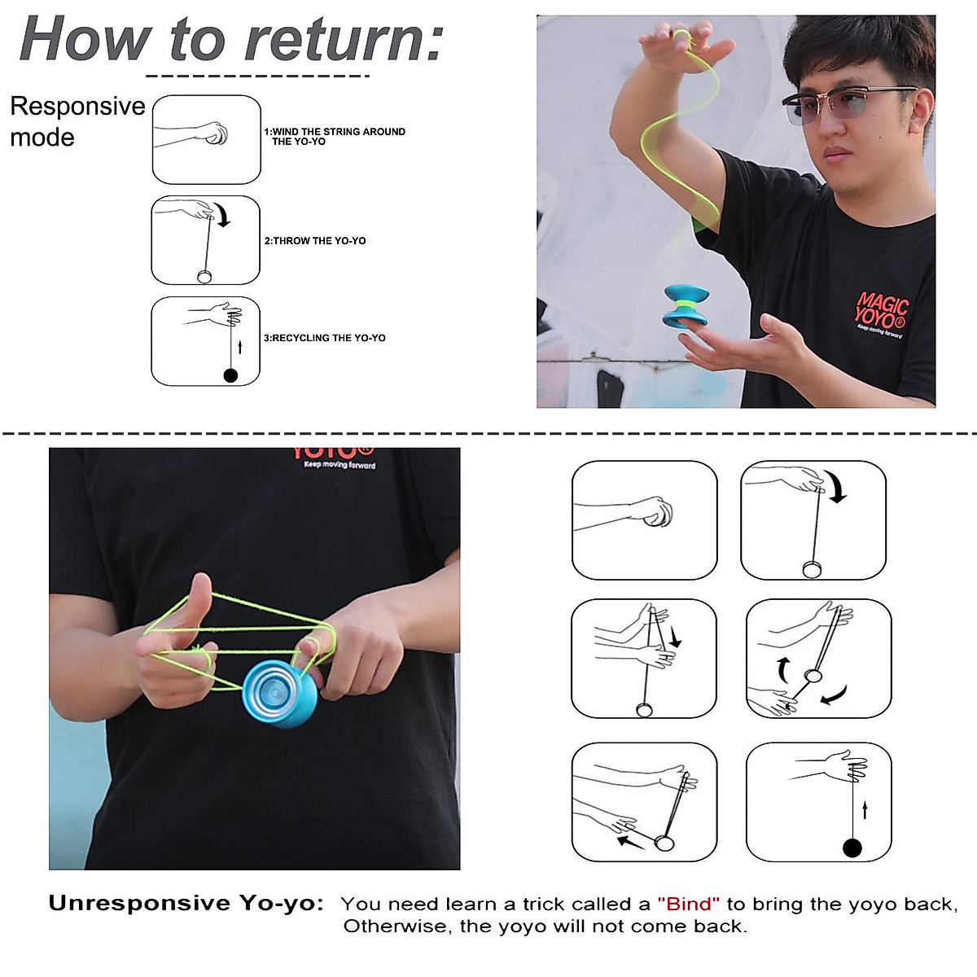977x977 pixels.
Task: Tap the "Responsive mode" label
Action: point(77,120)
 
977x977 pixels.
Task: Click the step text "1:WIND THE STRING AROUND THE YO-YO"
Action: point(335,136)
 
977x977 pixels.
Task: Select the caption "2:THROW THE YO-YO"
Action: point(315,241)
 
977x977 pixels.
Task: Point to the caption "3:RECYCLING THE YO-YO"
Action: point(324,338)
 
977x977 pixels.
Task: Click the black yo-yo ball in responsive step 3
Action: point(230,375)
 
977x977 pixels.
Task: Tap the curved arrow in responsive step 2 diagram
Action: point(223,216)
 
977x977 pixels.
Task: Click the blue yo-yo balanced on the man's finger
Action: point(686,306)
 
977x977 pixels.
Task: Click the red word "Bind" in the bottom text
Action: point(688,904)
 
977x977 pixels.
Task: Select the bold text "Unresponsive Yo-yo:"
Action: point(186,903)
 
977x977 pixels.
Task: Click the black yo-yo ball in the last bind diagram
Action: point(852,848)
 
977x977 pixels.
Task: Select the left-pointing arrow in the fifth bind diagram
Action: point(630,841)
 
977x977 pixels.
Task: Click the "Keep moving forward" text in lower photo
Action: point(340,465)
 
